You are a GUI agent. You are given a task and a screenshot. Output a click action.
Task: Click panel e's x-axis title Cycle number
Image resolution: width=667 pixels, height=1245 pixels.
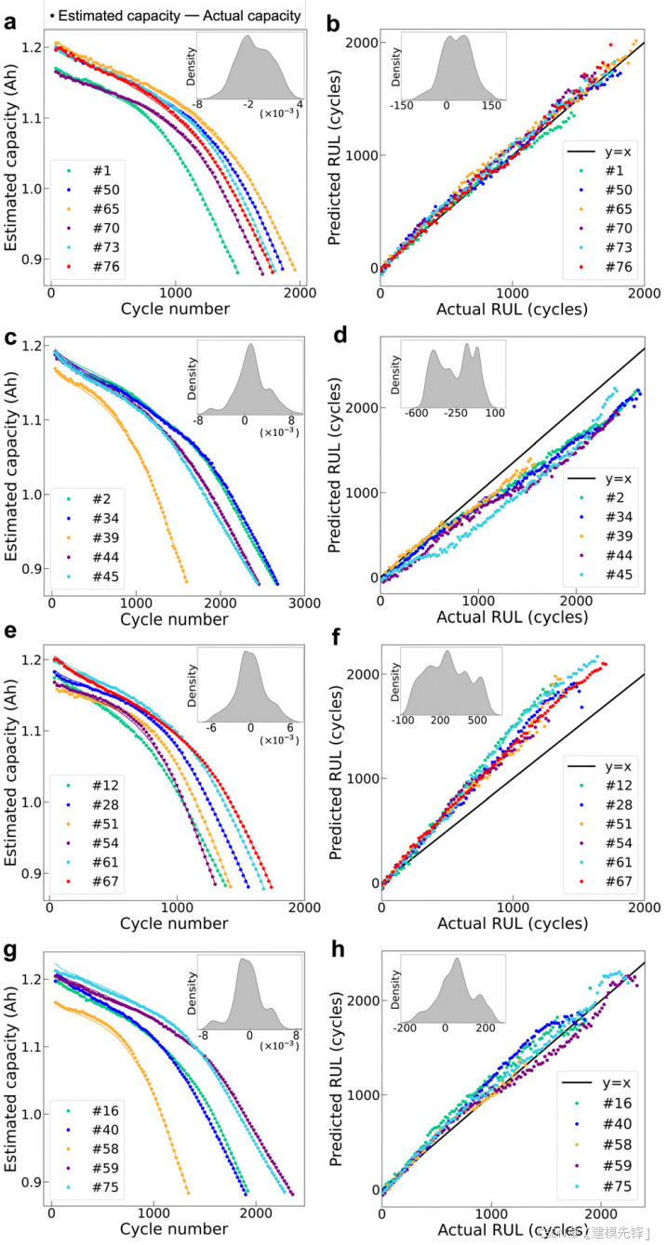(174, 923)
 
